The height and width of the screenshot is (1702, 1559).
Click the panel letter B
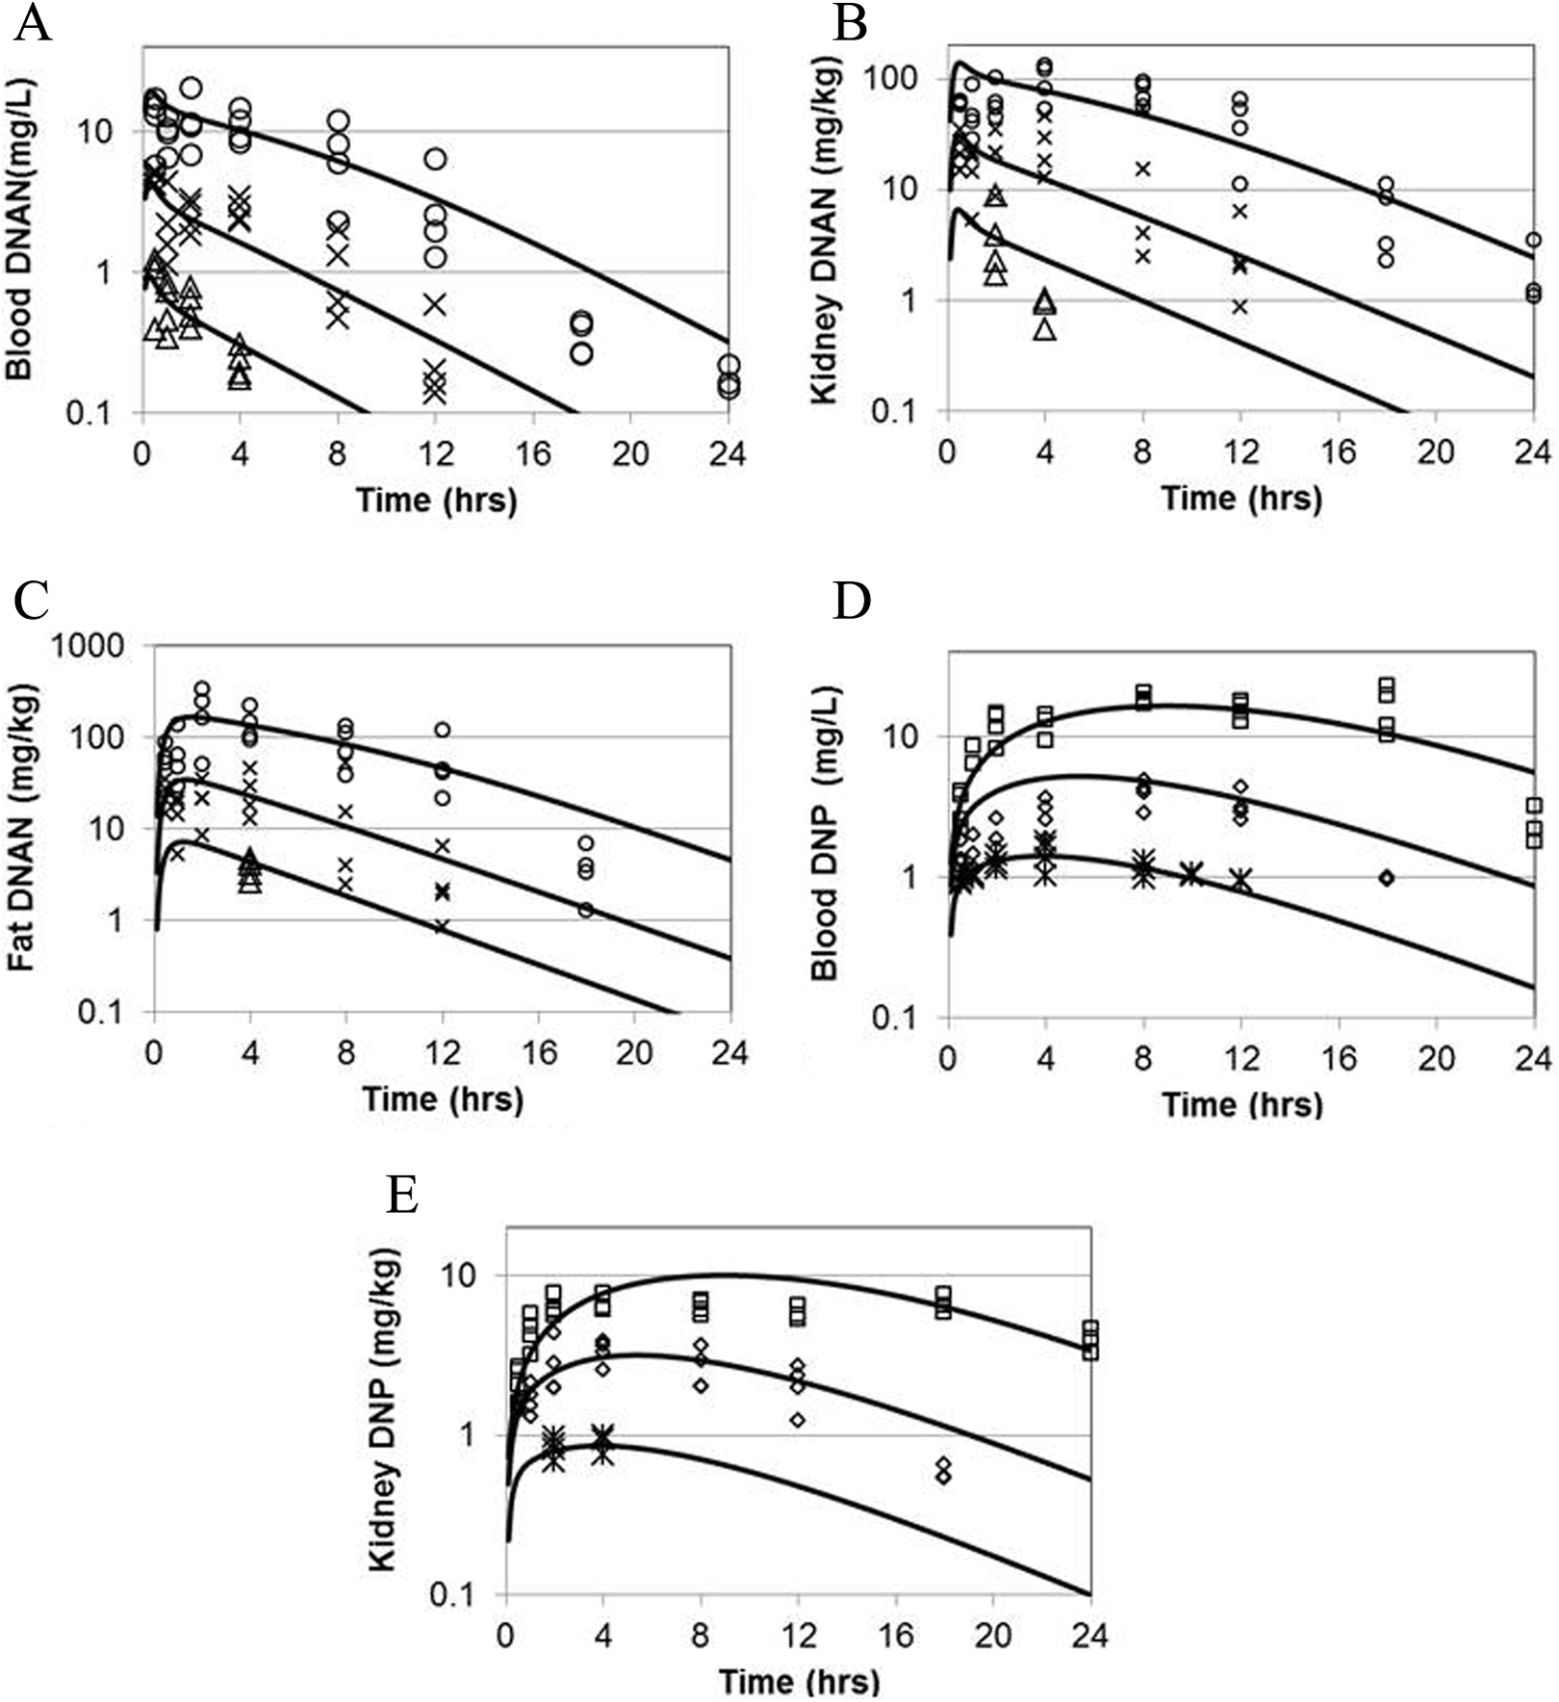click(x=851, y=23)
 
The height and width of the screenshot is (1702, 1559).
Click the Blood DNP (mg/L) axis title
click(x=824, y=834)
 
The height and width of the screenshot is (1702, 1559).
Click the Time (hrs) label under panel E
click(x=800, y=1682)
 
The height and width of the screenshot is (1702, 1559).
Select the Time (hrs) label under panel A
click(x=436, y=500)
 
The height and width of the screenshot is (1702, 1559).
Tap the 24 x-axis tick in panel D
click(x=1533, y=1059)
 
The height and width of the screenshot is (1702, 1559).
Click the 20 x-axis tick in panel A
click(x=630, y=453)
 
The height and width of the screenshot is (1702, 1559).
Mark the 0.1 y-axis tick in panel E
click(x=467, y=1595)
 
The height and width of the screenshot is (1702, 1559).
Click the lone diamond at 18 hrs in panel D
click(x=1387, y=878)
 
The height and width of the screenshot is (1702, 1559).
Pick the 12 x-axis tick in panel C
click(x=443, y=1052)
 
